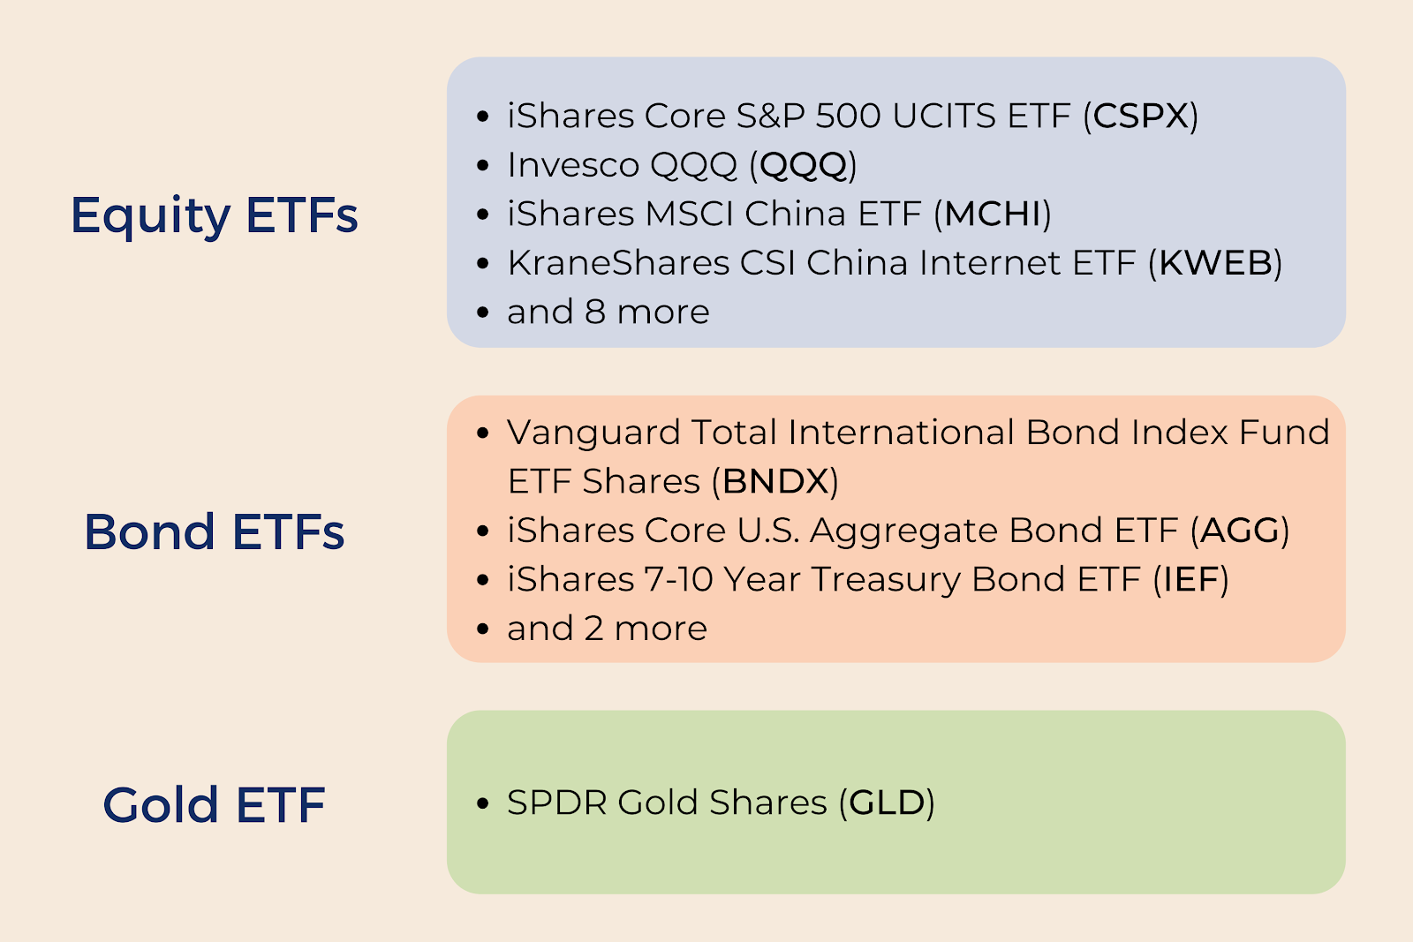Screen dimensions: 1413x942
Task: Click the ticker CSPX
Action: pos(1140,116)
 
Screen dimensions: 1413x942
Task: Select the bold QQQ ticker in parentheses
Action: pos(803,166)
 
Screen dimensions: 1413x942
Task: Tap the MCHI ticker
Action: pos(993,214)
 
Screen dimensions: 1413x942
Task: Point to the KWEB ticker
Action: pos(1215,262)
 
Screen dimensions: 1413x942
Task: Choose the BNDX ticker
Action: pos(775,481)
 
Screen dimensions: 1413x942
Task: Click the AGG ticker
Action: pos(1240,531)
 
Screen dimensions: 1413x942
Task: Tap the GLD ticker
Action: pos(887,803)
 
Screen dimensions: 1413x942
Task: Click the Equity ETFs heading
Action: pos(215,216)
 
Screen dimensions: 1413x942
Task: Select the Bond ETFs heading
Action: pos(215,531)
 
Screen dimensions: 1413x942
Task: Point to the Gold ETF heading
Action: pos(215,805)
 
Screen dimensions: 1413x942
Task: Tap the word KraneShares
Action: pos(618,262)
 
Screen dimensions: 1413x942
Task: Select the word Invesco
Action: pos(573,165)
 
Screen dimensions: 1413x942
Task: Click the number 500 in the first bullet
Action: pos(848,116)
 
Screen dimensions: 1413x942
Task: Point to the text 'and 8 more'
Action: pos(608,313)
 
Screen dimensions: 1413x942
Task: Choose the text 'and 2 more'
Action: pos(607,629)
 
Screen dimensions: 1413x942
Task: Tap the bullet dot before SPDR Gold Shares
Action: pos(483,803)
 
